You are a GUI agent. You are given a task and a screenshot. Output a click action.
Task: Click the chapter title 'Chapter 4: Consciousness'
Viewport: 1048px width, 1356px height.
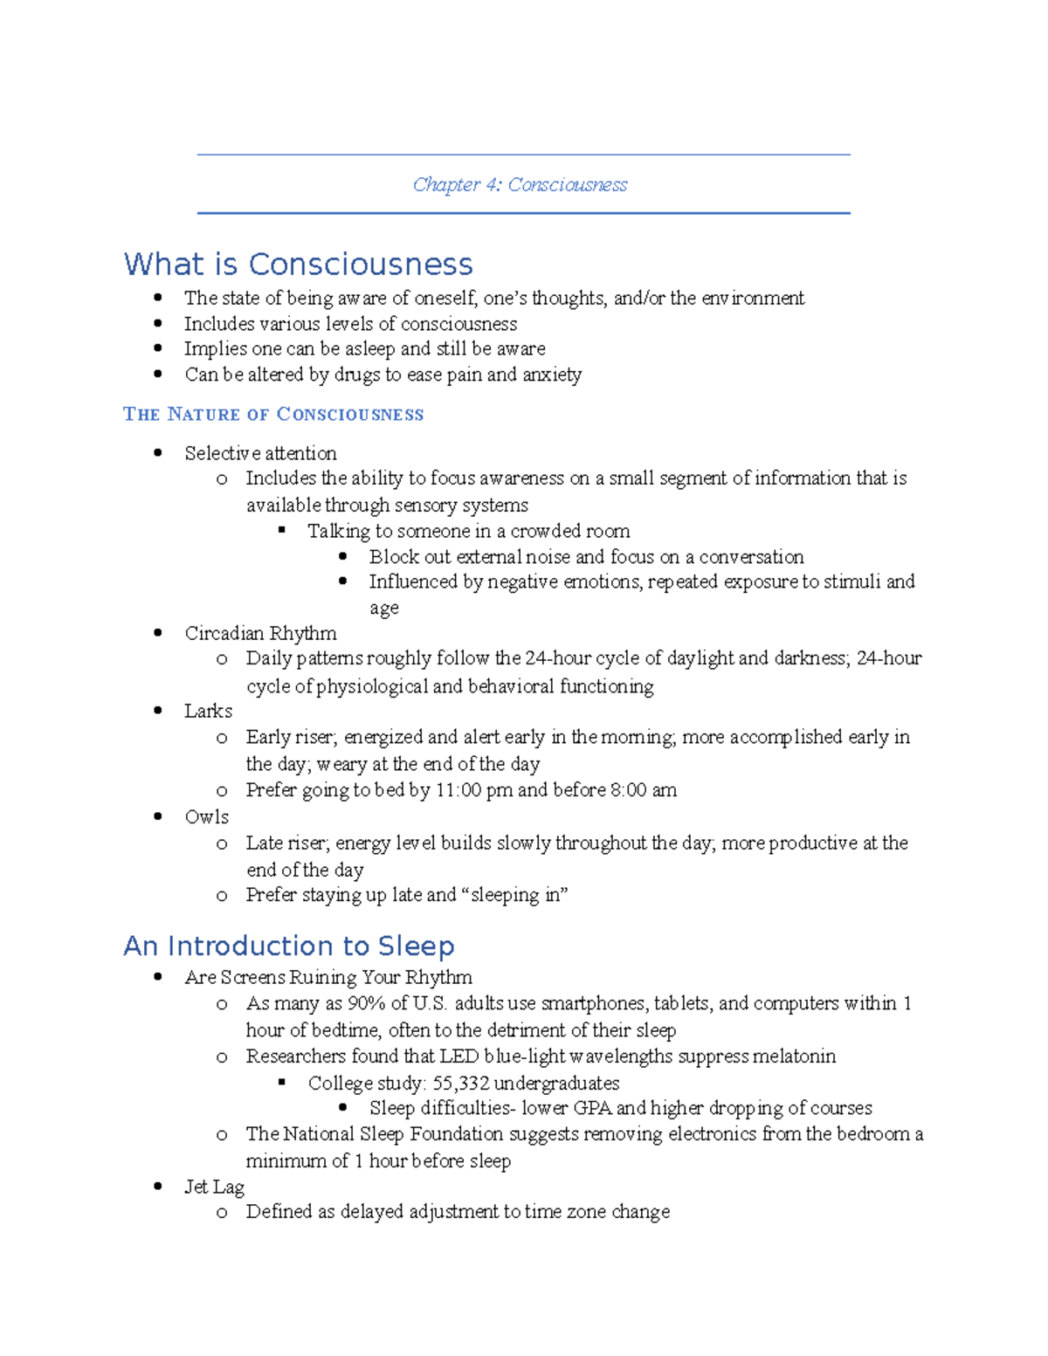point(520,185)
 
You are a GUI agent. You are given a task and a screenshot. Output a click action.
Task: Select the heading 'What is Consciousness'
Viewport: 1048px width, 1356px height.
point(298,264)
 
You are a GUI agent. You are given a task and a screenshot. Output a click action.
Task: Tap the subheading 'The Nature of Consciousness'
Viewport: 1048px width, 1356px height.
point(273,414)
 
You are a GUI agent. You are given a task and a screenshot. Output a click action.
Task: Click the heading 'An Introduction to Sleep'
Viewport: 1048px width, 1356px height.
point(288,946)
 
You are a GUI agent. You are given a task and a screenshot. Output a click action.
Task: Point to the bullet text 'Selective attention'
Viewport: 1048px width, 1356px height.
point(260,453)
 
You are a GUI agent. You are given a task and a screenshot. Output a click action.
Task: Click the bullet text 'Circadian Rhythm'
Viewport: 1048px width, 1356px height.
point(260,633)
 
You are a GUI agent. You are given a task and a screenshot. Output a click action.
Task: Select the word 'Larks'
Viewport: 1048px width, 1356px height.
point(208,711)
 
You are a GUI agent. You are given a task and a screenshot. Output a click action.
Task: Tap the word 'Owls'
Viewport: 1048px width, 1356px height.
point(207,816)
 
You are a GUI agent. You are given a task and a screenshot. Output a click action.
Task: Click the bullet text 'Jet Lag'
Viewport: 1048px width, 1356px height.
point(214,1187)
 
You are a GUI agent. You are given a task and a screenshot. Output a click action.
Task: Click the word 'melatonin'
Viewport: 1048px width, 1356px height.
point(794,1057)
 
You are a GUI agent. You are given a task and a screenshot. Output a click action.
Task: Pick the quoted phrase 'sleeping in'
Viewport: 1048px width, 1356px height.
point(516,895)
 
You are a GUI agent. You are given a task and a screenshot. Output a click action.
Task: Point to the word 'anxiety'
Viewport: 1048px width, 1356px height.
point(551,375)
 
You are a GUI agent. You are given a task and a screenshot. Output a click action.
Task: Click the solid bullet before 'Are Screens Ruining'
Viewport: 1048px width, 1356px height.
point(158,977)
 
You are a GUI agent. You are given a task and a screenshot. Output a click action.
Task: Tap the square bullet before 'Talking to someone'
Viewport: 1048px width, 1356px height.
point(282,530)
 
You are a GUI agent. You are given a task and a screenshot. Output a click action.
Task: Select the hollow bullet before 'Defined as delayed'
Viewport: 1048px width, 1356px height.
point(222,1212)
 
